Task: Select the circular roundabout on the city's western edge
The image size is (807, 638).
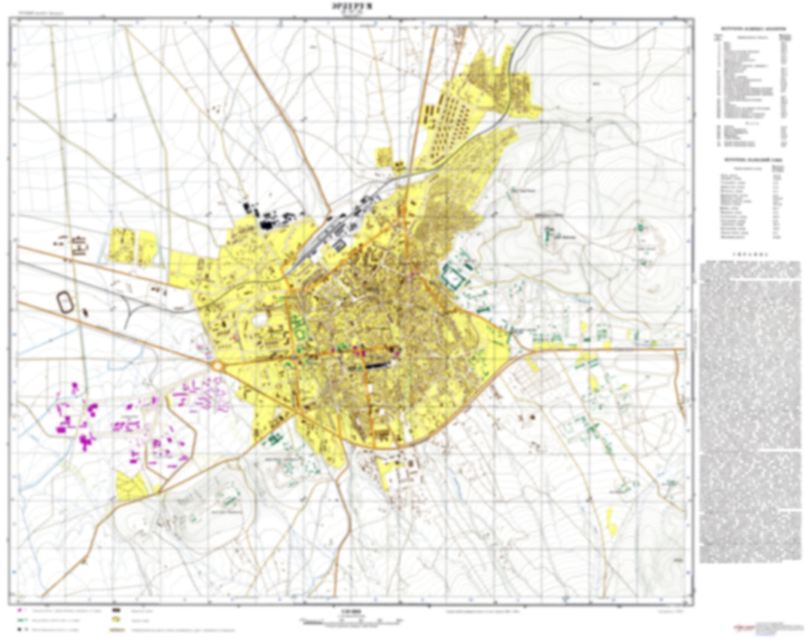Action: tap(217, 366)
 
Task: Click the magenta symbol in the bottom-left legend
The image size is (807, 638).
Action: tap(21, 611)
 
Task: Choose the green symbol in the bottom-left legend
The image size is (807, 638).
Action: tap(21, 620)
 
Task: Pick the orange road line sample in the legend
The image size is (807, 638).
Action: tap(118, 629)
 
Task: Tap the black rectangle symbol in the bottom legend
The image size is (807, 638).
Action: tap(118, 611)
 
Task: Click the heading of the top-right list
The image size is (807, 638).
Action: tap(753, 27)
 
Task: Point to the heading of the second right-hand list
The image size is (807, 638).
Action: tap(753, 159)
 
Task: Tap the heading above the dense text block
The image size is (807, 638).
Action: tap(753, 252)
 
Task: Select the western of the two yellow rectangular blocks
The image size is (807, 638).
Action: tap(121, 244)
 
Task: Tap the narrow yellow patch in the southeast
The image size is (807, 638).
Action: tap(612, 522)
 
